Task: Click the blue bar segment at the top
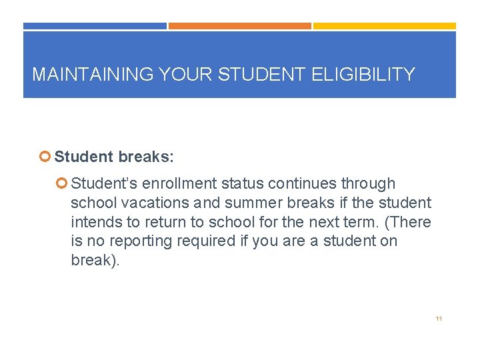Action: click(95, 26)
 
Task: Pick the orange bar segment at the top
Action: click(239, 26)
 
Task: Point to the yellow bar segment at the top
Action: click(385, 26)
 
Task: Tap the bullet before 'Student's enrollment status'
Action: click(63, 183)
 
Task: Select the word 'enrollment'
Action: click(177, 183)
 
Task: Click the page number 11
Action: click(438, 319)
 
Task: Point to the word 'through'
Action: click(367, 183)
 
